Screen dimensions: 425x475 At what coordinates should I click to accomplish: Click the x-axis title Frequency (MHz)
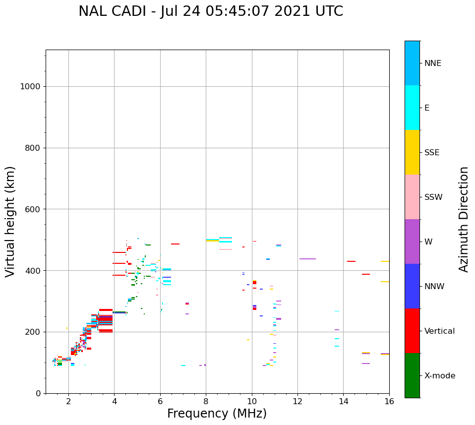[217, 414]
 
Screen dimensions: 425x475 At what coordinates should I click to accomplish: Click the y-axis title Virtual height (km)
[10, 222]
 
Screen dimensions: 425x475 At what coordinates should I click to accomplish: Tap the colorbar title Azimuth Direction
[464, 219]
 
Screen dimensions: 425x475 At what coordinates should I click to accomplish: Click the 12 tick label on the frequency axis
[297, 401]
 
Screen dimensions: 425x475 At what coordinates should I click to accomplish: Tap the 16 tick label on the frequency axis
[389, 401]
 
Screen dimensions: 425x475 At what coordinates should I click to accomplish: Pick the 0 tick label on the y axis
[38, 393]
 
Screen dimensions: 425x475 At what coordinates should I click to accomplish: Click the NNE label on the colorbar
[432, 63]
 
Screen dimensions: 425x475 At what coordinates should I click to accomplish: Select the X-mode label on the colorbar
[439, 376]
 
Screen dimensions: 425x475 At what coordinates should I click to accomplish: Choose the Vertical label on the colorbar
[439, 331]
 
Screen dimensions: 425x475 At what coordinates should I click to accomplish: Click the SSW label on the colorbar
[433, 197]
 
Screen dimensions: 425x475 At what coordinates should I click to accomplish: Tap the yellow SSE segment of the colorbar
[412, 152]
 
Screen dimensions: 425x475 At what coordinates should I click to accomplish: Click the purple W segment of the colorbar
[412, 242]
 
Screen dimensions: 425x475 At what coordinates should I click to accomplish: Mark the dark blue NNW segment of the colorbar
[412, 286]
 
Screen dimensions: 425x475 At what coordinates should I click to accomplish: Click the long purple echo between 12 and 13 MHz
[307, 259]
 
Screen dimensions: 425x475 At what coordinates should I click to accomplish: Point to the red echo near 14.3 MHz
[351, 261]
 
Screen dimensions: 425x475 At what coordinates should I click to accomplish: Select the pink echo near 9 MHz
[226, 249]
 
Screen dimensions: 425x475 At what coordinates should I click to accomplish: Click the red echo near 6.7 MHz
[175, 244]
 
